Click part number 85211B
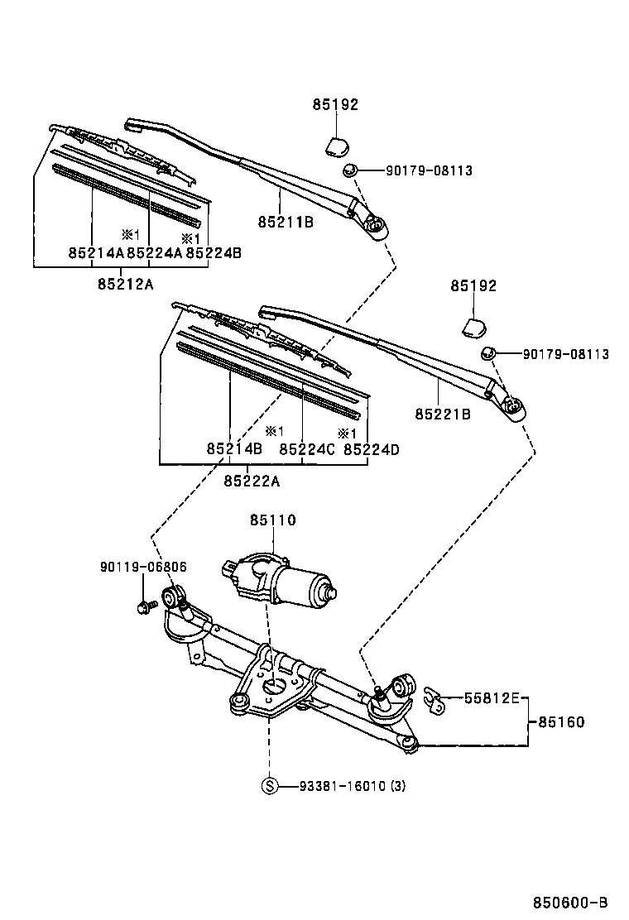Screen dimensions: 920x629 pos(285,222)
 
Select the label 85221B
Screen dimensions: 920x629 pos(443,414)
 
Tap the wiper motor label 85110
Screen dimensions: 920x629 pos(272,520)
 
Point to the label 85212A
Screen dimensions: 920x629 pos(126,284)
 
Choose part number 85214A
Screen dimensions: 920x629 pos(96,253)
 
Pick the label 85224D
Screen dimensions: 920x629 pos(372,449)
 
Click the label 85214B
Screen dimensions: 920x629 pos(234,449)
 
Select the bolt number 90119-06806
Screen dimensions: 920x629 pos(143,568)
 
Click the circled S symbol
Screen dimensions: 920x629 pos(269,786)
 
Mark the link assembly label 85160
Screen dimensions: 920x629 pos(561,722)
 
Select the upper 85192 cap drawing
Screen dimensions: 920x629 pos(336,146)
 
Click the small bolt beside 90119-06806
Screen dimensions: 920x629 pos(143,608)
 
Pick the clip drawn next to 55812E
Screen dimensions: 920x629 pos(432,699)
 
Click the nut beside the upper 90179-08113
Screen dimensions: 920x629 pos(350,170)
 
